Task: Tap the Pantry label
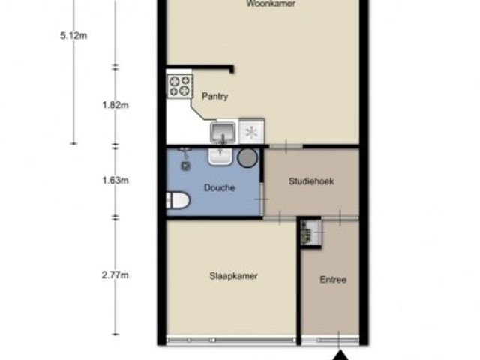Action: coord(214,96)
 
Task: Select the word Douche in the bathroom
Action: coord(219,188)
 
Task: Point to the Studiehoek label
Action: coord(311,181)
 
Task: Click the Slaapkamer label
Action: coord(234,276)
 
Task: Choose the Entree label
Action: coord(333,280)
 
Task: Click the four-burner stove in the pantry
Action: coord(179,85)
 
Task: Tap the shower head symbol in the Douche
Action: coord(184,157)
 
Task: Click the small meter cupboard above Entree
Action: coord(309,232)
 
